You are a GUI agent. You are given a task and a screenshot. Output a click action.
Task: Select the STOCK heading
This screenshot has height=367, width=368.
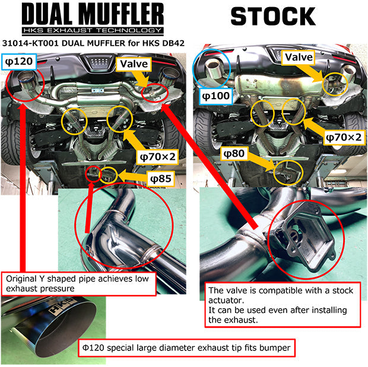coord(272,17)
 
